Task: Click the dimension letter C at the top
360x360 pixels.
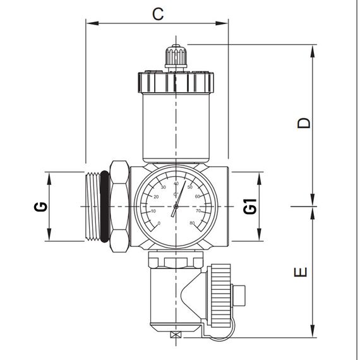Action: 158,13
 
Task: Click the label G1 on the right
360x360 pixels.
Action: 250,206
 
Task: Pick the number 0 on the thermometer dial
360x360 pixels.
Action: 159,223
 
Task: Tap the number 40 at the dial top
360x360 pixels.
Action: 176,183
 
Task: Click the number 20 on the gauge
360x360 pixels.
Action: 156,196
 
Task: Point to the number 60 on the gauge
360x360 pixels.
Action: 197,196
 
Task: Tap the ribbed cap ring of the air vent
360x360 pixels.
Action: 175,83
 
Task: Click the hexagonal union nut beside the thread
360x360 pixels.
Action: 119,206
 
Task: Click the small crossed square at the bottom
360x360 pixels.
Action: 175,335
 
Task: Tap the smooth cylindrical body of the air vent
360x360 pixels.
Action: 175,126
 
